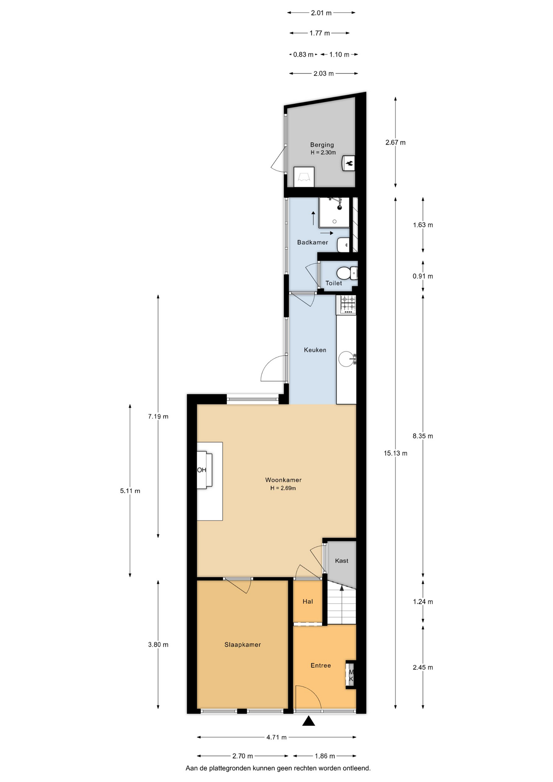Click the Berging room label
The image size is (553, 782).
pos(322,145)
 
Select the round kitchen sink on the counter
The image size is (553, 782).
pos(347,359)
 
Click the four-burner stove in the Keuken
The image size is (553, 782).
pos(346,305)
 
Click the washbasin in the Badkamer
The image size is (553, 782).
pos(343,244)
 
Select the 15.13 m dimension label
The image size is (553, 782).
pos(395,453)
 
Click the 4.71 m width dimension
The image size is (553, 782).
pos(276,737)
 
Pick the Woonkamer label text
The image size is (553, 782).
pos(283,480)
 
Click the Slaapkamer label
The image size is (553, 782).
pos(242,644)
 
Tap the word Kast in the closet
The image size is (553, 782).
pos(342,560)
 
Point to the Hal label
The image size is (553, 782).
pos(308,601)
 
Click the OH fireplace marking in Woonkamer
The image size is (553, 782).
pos(202,470)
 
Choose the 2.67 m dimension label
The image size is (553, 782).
pos(395,142)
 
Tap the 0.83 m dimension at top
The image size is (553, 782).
pos(303,54)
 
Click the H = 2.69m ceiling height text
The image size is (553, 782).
pos(283,488)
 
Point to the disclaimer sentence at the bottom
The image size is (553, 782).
pos(278,768)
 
